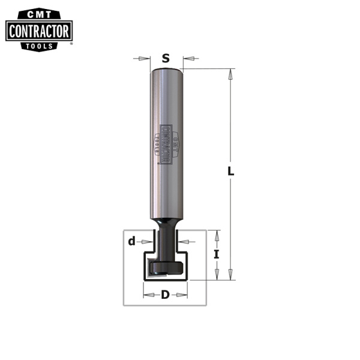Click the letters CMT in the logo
(x=39, y=13)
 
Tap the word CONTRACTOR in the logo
(x=39, y=31)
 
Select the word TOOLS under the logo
(x=39, y=46)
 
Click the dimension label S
(x=166, y=58)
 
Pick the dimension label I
(x=217, y=254)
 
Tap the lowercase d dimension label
(x=132, y=242)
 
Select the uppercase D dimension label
(x=166, y=295)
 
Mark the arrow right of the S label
(x=190, y=58)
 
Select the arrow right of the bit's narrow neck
(x=184, y=242)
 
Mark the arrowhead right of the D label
(x=184, y=295)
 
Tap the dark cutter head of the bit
(x=166, y=267)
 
